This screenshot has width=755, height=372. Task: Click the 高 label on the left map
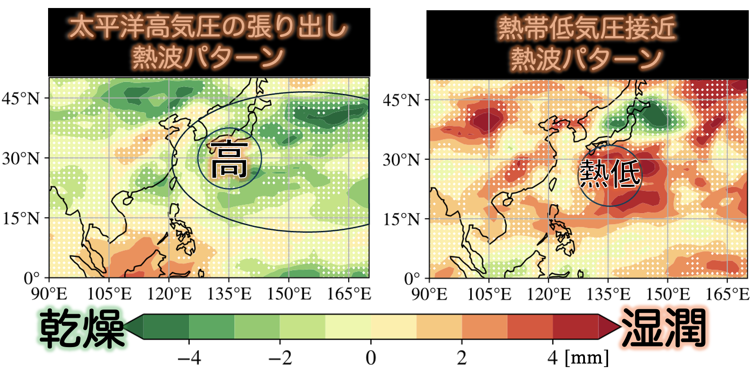[229, 159]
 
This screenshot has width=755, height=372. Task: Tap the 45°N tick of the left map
[20, 98]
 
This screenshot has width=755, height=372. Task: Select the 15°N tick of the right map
[402, 219]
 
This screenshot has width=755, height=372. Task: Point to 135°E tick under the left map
[229, 294]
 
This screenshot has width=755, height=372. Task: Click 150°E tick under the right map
[668, 294]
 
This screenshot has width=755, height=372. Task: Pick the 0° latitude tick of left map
[32, 279]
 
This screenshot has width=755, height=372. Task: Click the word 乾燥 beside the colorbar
[82, 329]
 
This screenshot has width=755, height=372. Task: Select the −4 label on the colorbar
[189, 357]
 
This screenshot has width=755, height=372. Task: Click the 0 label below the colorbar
[371, 357]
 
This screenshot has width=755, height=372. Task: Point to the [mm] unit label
[586, 357]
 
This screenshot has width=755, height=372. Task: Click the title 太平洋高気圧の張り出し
[208, 28]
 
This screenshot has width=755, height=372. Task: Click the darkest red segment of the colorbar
[575, 327]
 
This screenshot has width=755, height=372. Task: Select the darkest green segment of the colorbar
[166, 327]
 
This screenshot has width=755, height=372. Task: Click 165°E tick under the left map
[349, 294]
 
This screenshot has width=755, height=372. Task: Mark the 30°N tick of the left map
[20, 158]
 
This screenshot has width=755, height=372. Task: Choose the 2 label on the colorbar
[462, 357]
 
